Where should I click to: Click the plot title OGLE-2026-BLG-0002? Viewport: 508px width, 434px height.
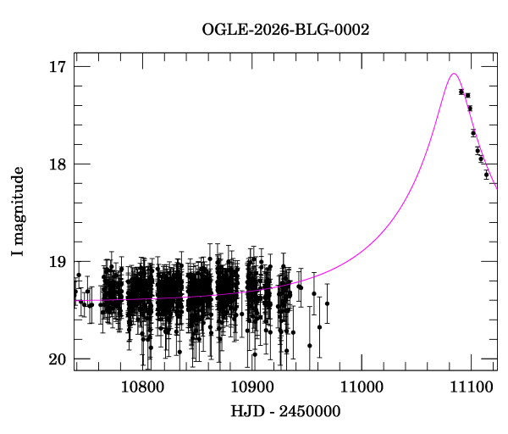pos(285,30)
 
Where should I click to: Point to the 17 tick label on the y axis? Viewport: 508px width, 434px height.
pos(59,66)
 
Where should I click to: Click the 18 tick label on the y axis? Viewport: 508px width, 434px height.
pos(59,164)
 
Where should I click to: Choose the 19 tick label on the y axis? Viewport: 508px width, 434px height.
pos(59,262)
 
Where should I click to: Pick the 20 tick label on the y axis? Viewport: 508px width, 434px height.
pos(59,359)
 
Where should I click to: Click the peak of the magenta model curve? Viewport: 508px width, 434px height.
pos(454,74)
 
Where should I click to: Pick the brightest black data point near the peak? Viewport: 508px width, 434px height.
pos(461,92)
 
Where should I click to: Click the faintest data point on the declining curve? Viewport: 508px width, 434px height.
pos(486,175)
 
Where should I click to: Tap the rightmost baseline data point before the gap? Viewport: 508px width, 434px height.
pos(327,303)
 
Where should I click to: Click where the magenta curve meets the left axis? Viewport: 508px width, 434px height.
pos(75,300)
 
